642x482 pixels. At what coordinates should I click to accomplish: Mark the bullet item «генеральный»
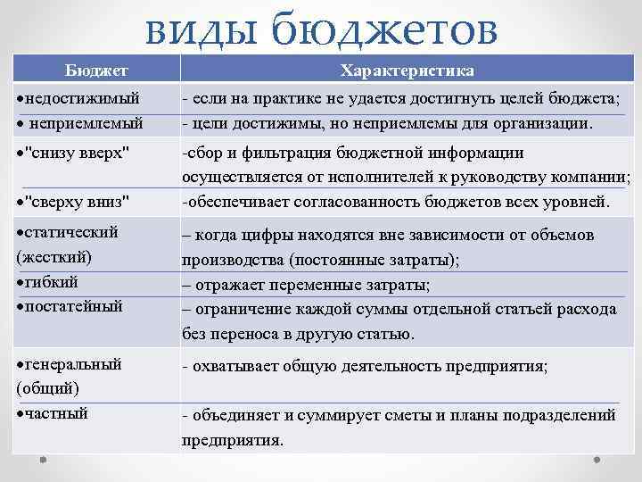[73, 363]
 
